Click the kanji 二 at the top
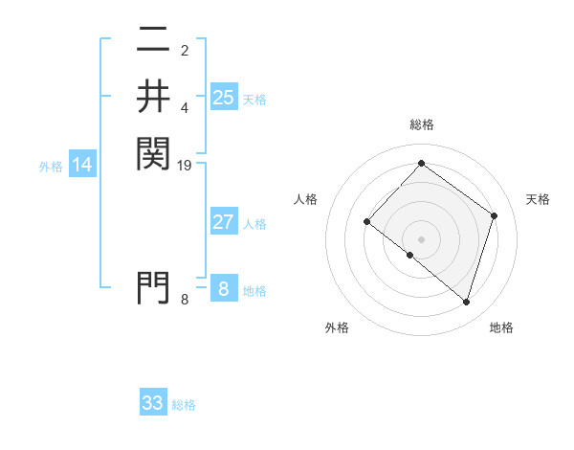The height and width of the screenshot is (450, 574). [x=153, y=41]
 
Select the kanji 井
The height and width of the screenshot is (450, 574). [x=153, y=96]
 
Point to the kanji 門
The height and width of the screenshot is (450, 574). [x=153, y=286]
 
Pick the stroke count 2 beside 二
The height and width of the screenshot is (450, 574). [x=186, y=50]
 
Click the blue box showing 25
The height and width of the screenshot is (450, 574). [x=224, y=97]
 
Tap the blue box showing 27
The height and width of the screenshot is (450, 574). [x=224, y=222]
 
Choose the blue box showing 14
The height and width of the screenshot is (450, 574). [x=82, y=165]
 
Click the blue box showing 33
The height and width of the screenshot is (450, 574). [x=153, y=403]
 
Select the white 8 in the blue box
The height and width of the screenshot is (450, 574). [x=224, y=288]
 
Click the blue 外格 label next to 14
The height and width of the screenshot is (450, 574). [x=51, y=166]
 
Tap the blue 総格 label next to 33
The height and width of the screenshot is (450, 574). [x=184, y=405]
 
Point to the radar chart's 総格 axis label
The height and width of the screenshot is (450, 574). [x=422, y=124]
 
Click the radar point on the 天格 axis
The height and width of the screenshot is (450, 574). [x=495, y=215]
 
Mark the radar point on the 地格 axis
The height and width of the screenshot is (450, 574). [x=467, y=302]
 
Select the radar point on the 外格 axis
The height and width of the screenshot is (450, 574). [x=410, y=255]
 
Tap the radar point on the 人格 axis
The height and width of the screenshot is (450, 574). [x=367, y=222]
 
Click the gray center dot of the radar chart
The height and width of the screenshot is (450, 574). [x=422, y=239]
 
